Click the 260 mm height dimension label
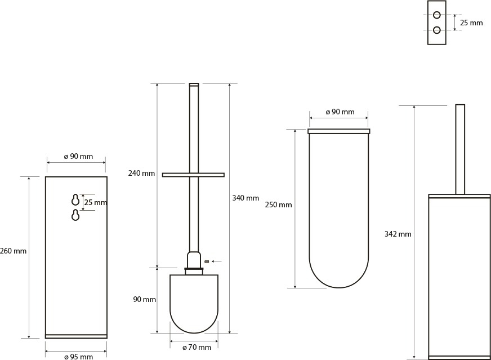point(13,251)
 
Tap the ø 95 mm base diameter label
point(78,357)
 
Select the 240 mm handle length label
point(141,173)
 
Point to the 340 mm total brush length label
point(245,198)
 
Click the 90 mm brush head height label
point(145,300)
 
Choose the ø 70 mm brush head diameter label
point(197,347)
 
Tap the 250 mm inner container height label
point(278,205)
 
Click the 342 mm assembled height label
point(398,234)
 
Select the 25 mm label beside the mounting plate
point(471,23)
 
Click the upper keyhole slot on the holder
point(75,199)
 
